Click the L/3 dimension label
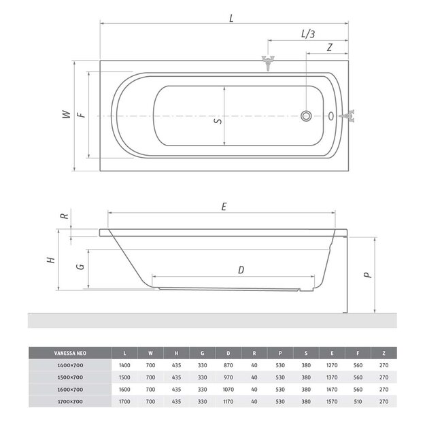point(308,34)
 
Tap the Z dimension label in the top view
point(330,48)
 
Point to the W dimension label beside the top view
point(67,114)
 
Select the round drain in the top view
point(306,116)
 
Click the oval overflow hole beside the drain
point(331,116)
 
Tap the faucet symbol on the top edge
point(268,63)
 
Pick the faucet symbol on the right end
point(347,116)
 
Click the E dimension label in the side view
point(224,207)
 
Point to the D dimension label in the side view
point(241,270)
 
